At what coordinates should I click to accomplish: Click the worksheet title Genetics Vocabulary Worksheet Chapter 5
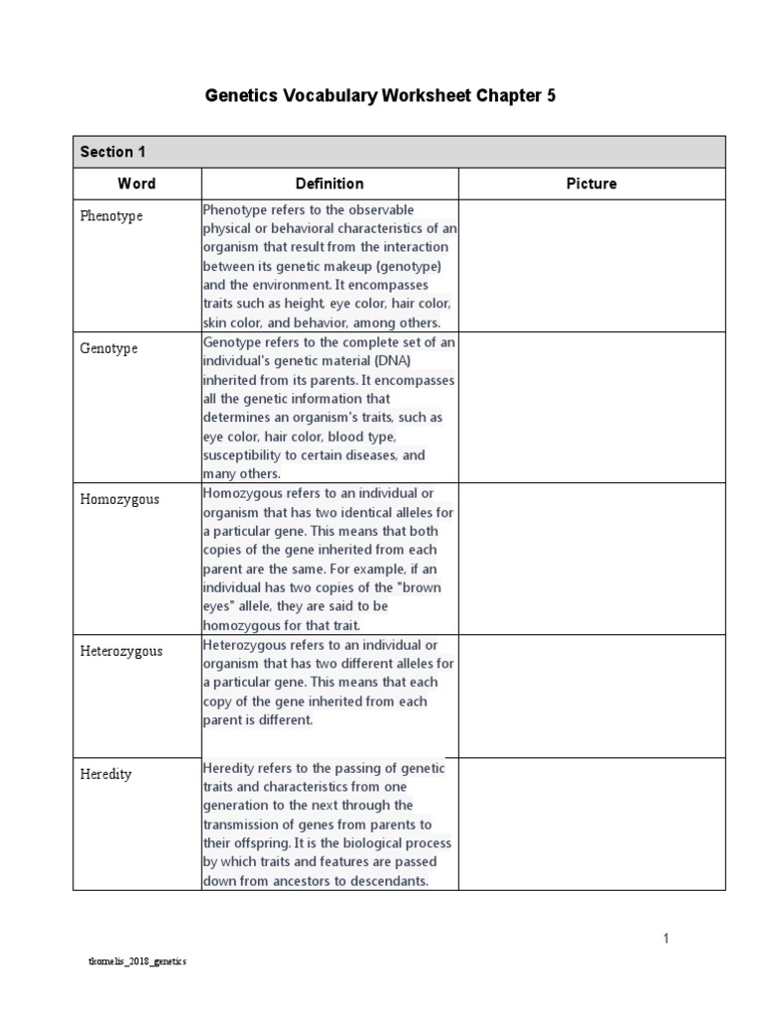click(x=380, y=96)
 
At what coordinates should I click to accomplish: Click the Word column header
click(x=137, y=184)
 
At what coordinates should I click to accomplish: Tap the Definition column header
click(x=329, y=184)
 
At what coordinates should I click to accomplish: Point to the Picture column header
click(x=591, y=184)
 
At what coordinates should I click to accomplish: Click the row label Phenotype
click(x=111, y=216)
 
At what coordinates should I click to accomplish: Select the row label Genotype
click(x=109, y=349)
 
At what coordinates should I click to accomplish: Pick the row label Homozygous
click(x=119, y=499)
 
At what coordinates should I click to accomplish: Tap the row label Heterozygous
click(x=121, y=651)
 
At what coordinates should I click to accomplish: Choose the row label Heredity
click(x=106, y=774)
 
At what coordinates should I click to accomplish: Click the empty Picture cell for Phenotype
click(x=591, y=266)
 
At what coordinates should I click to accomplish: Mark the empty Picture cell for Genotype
click(x=591, y=408)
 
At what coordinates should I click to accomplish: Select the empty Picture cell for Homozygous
click(x=591, y=560)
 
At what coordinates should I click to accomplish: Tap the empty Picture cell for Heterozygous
click(x=591, y=697)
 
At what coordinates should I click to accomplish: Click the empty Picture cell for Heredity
click(x=591, y=825)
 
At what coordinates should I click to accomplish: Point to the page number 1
click(x=668, y=939)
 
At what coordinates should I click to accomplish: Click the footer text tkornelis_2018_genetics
click(x=138, y=961)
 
